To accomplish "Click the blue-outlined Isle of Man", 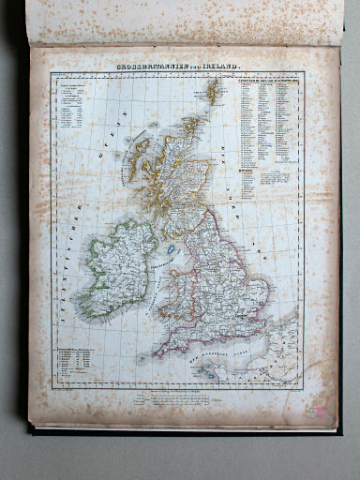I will click(172, 250).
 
